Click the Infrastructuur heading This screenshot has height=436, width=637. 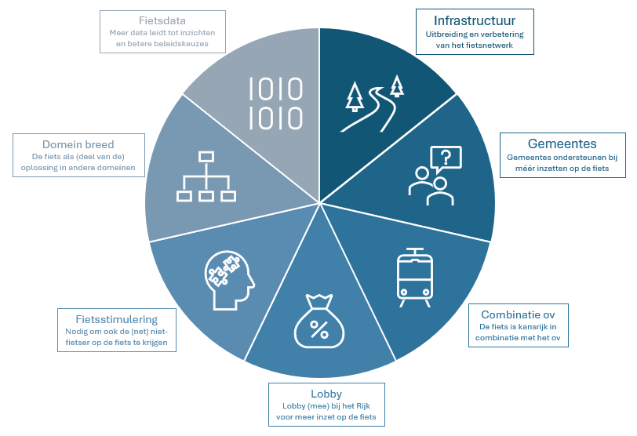pyautogui.click(x=474, y=20)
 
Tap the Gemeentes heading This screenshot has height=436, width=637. pyautogui.click(x=561, y=144)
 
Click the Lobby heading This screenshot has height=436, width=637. pyautogui.click(x=326, y=394)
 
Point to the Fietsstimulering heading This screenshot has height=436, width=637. pyautogui.click(x=117, y=319)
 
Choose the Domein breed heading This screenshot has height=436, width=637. pyautogui.click(x=78, y=144)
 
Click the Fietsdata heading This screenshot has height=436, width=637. pyautogui.click(x=162, y=20)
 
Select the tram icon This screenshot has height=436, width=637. pyautogui.click(x=415, y=278)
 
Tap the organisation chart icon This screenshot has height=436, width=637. pyautogui.click(x=206, y=177)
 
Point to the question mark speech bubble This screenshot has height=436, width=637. pyautogui.click(x=446, y=159)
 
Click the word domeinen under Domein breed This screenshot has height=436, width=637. pyautogui.click(x=117, y=168)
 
